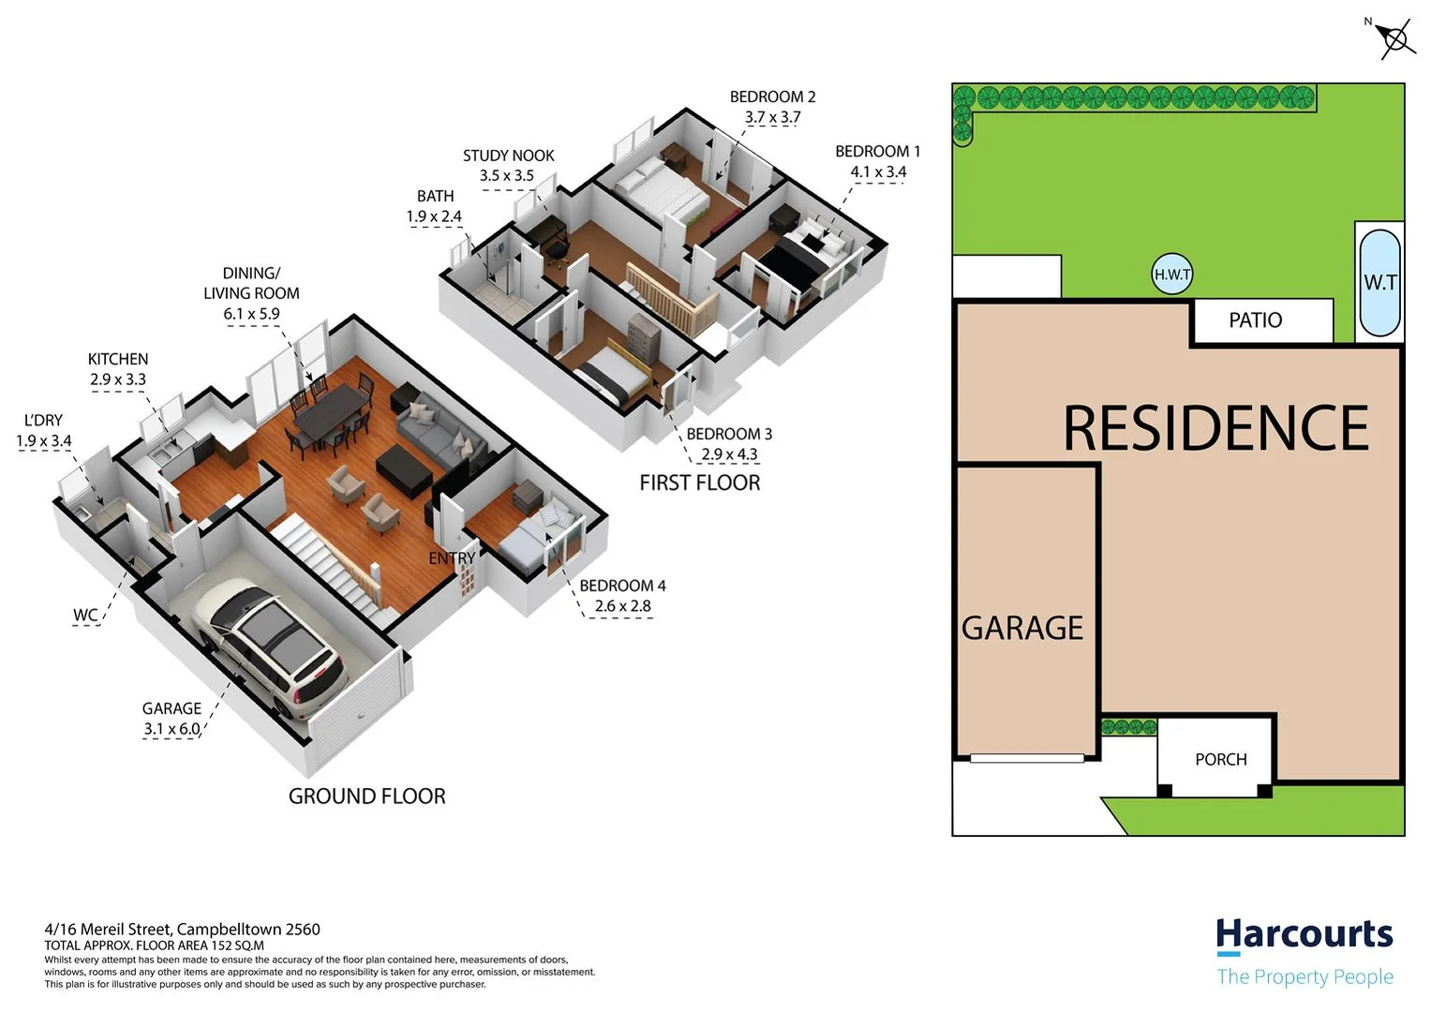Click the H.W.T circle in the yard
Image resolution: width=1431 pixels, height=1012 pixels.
pos(1171,275)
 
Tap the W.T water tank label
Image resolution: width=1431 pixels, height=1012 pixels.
pos(1379,282)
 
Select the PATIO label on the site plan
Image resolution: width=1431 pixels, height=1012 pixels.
pos(1255,320)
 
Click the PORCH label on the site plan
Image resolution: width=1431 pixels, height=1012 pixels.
pos(1220,759)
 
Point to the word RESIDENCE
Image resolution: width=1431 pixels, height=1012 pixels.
pos(1215,428)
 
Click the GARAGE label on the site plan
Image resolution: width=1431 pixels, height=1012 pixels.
pos(1022,628)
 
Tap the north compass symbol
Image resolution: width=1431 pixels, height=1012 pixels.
pos(1394,39)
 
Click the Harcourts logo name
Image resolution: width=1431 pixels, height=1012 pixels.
pos(1304,934)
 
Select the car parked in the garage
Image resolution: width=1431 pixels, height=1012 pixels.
pos(269,646)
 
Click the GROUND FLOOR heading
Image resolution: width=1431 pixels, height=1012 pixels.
pos(366,796)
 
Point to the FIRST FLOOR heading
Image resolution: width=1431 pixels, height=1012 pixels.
pos(699,483)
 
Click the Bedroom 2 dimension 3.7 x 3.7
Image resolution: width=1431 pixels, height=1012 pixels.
pos(772,117)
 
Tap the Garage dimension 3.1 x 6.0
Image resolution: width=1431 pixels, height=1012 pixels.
pos(171,729)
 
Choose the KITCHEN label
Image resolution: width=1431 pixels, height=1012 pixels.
pos(118,359)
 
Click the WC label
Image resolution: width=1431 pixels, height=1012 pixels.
pos(85,615)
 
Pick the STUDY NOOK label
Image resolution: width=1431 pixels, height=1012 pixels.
pos(508,156)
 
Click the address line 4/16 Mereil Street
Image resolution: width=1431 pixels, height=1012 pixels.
pos(182,930)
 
